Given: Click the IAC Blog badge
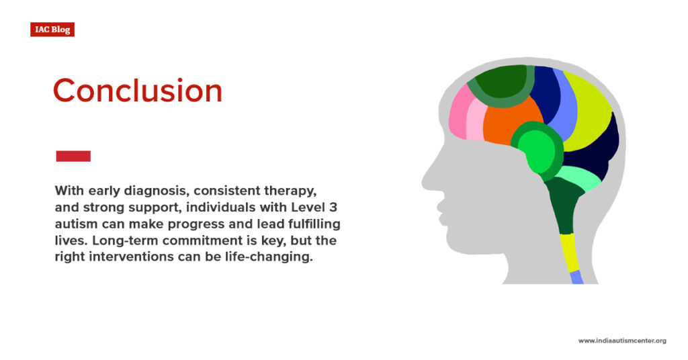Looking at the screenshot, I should [52, 30].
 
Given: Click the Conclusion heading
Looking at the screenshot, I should [137, 91].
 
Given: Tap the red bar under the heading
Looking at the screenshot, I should [73, 156].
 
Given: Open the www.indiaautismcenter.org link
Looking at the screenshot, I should [621, 341].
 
